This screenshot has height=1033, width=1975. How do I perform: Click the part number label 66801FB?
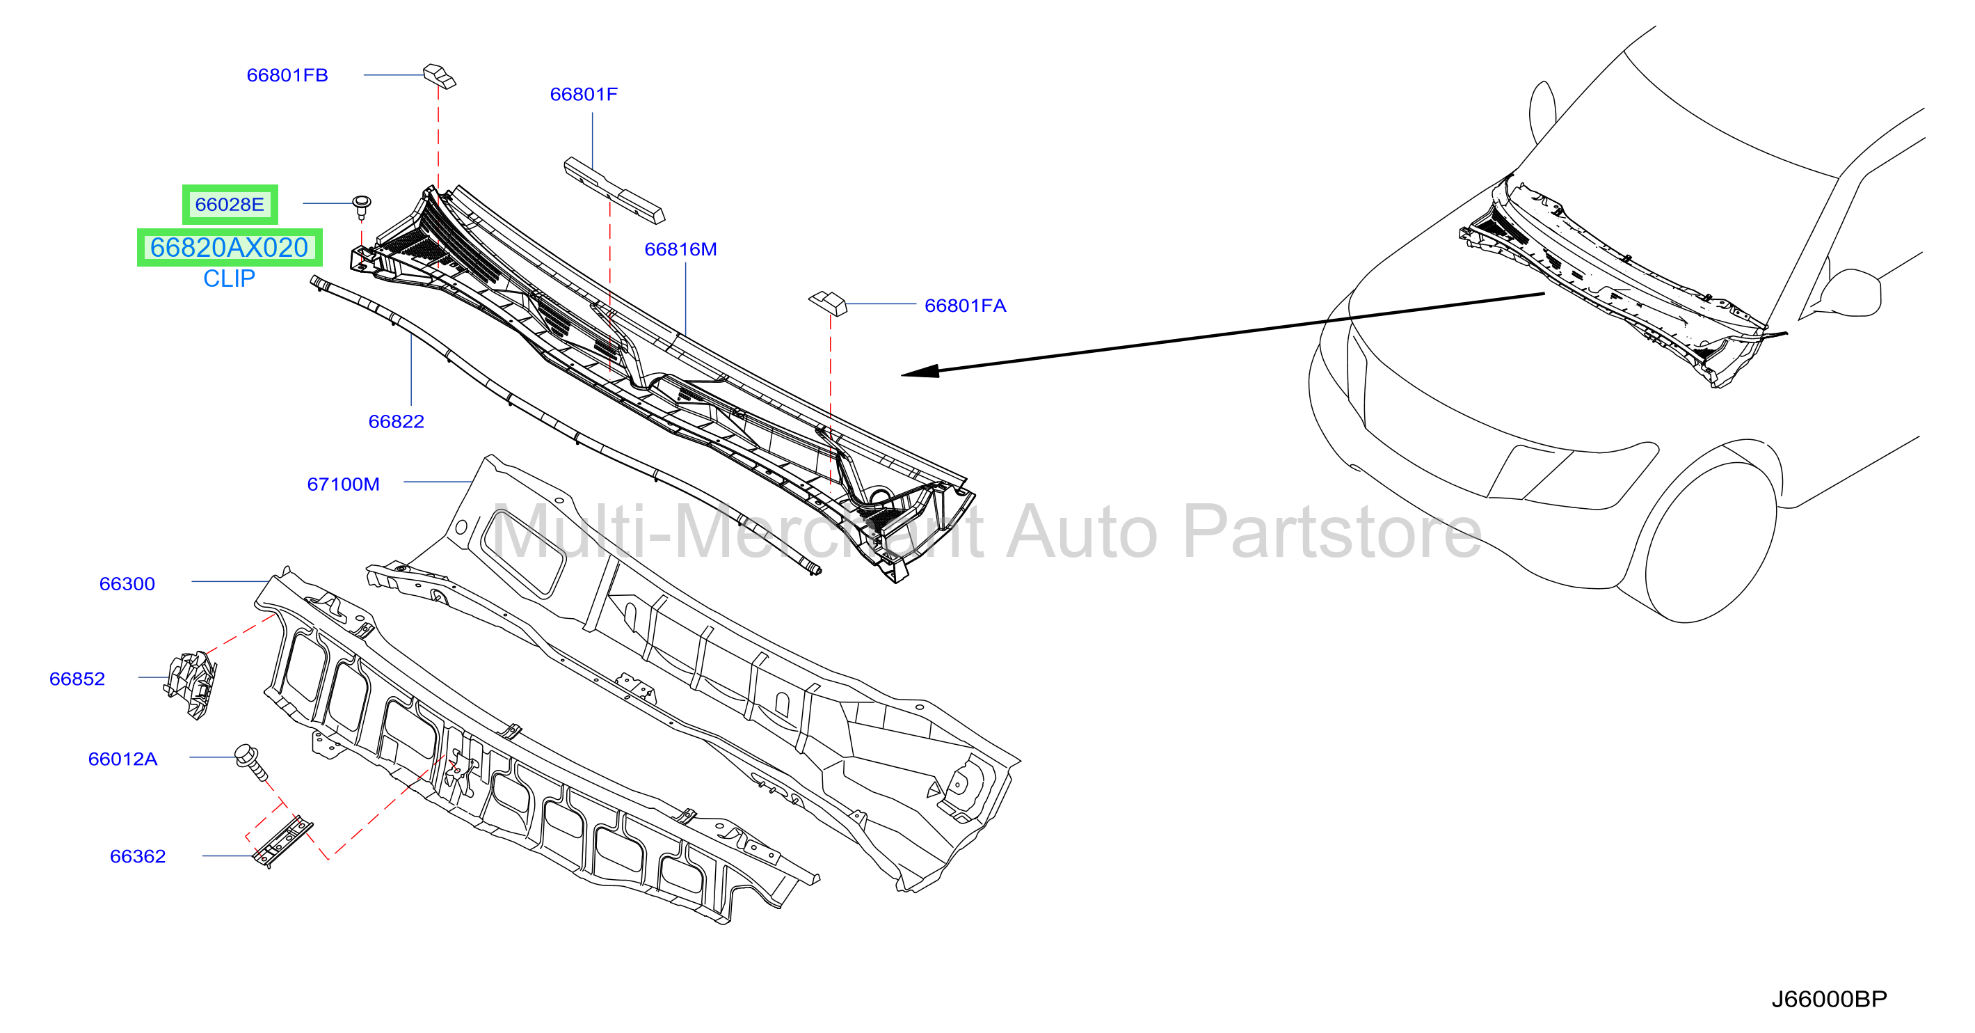[x=287, y=75]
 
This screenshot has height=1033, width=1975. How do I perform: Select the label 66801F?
[x=584, y=95]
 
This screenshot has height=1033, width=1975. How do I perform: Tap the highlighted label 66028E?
[x=230, y=205]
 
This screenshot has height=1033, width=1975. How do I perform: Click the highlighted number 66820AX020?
[x=230, y=248]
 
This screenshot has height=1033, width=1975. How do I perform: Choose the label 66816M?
[x=680, y=249]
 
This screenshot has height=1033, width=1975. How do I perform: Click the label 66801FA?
[x=966, y=306]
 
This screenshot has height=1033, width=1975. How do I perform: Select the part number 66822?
[x=396, y=421]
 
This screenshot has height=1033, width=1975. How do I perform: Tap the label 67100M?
[x=343, y=484]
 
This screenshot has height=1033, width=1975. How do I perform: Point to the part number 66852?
[x=77, y=679]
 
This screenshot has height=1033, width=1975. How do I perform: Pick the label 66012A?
[x=122, y=759]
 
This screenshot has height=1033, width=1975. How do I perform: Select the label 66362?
[x=137, y=856]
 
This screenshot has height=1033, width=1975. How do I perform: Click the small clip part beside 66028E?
[x=362, y=206]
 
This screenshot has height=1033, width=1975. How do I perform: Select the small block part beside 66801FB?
[x=440, y=76]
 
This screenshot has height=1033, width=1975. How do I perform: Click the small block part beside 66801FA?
[x=828, y=302]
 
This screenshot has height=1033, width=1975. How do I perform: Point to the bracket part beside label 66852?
[x=190, y=684]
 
